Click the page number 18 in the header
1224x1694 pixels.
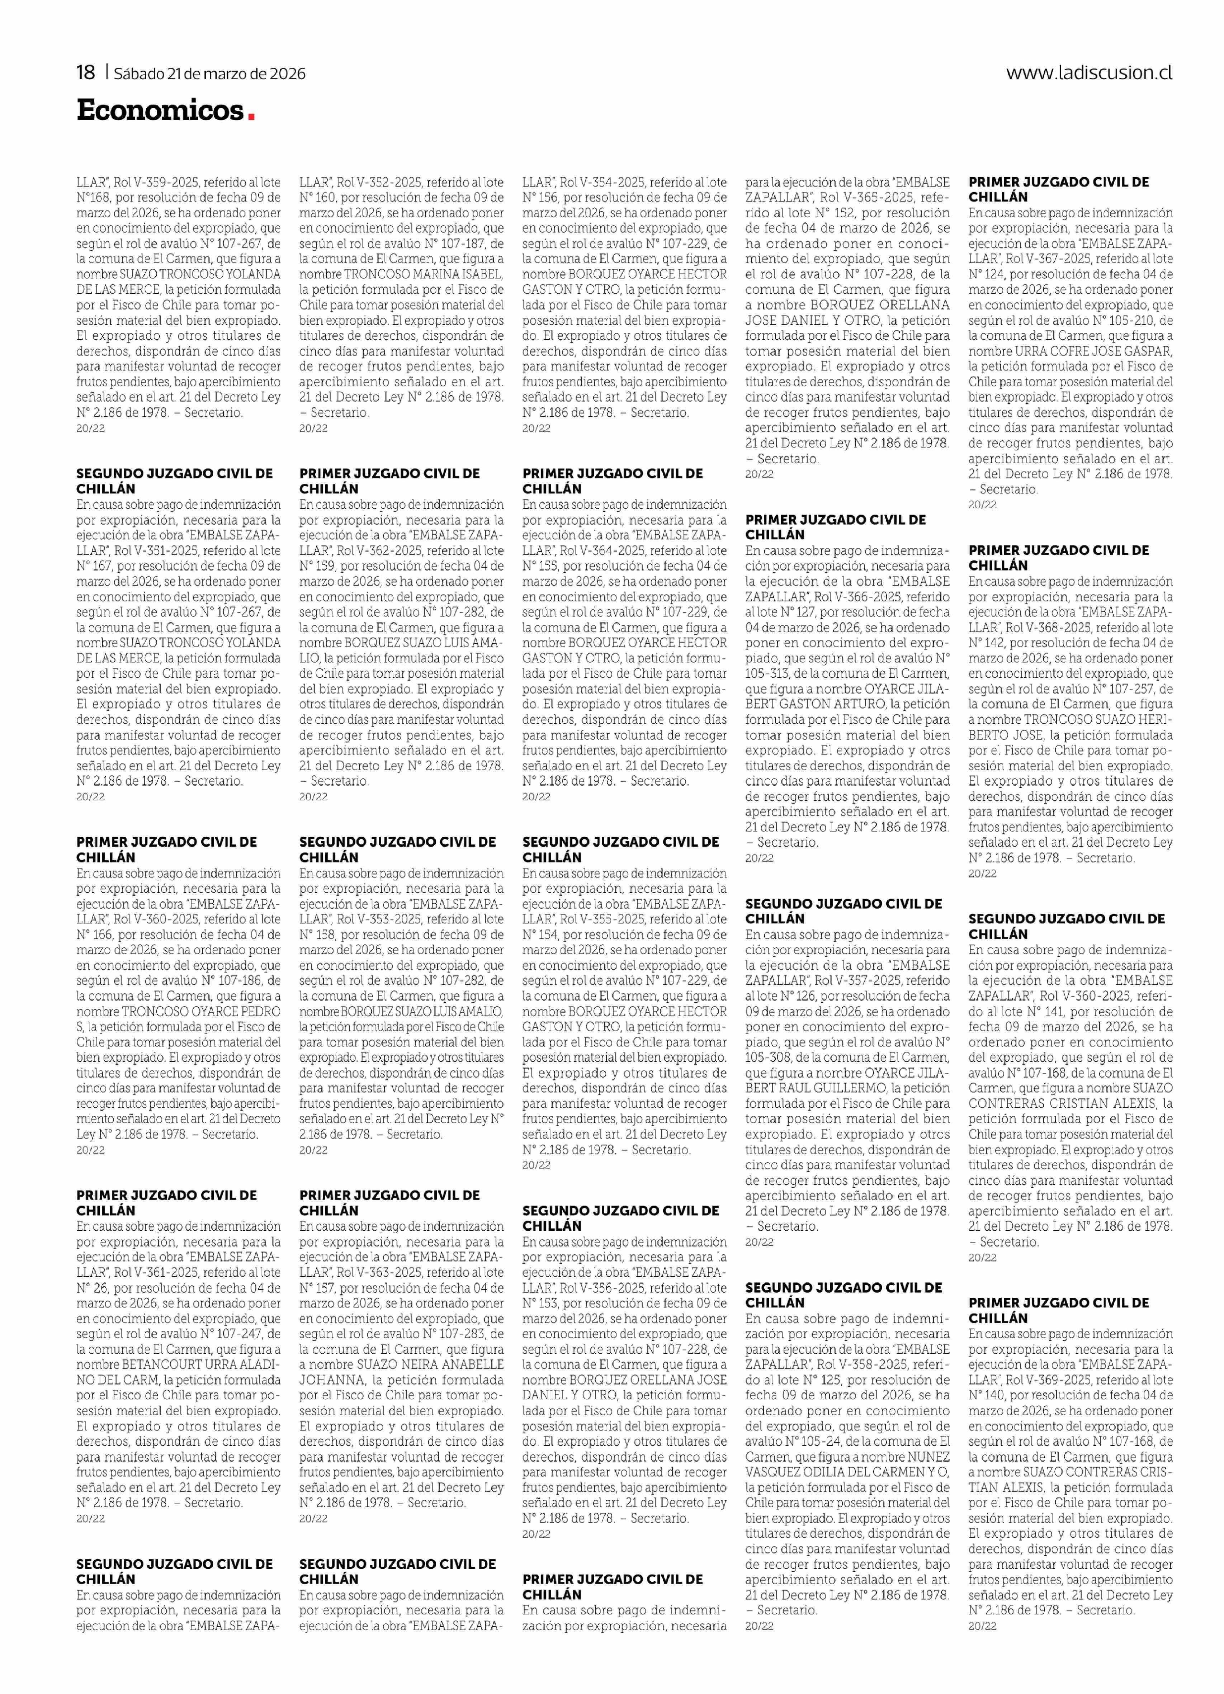[x=86, y=72]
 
